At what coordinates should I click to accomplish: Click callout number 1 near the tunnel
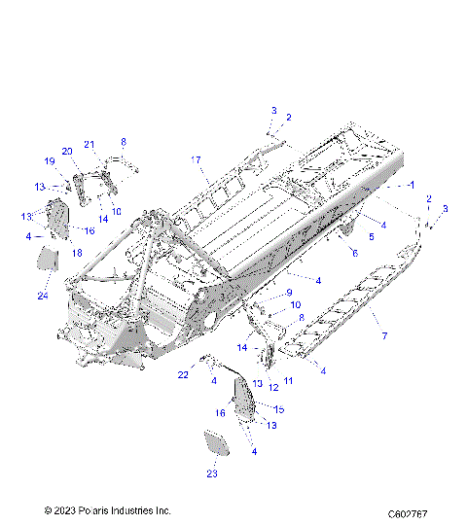(x=412, y=185)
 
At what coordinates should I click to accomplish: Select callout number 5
(x=370, y=236)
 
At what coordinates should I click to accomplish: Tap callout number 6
(x=355, y=253)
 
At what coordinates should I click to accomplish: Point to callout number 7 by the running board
(x=384, y=335)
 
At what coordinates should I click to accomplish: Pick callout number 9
(x=288, y=292)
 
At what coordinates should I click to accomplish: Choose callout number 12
(x=273, y=387)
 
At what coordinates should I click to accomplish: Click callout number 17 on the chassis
(x=195, y=159)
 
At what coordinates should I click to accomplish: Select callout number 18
(x=76, y=252)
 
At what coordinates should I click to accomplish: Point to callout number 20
(x=67, y=151)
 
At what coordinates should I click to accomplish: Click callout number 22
(x=183, y=375)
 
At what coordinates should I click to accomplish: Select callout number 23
(x=212, y=473)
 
